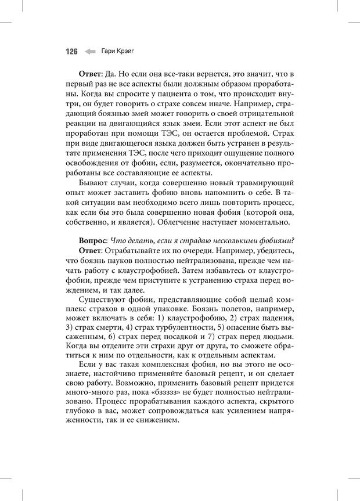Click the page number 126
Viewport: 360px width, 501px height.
[71, 52]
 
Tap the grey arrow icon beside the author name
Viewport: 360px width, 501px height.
[89, 52]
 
